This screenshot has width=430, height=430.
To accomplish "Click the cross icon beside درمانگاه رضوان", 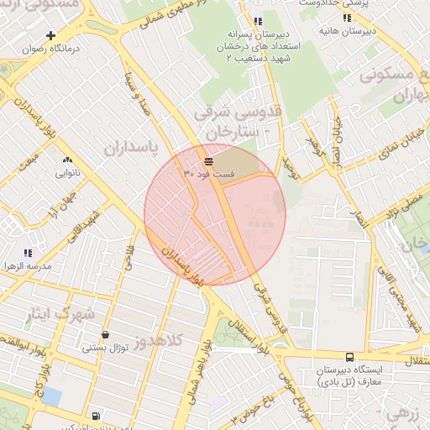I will (x=51, y=35).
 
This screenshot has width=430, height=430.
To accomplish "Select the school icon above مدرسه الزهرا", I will (x=28, y=252).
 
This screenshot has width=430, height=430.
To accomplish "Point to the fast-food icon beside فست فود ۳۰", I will (x=207, y=160).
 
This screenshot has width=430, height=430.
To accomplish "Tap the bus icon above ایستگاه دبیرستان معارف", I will (x=349, y=357).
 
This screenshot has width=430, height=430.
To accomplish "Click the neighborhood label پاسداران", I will (x=131, y=148).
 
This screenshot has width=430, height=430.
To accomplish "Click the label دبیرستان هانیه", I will (x=347, y=31).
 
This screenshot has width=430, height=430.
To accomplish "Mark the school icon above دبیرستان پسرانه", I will (x=257, y=21).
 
